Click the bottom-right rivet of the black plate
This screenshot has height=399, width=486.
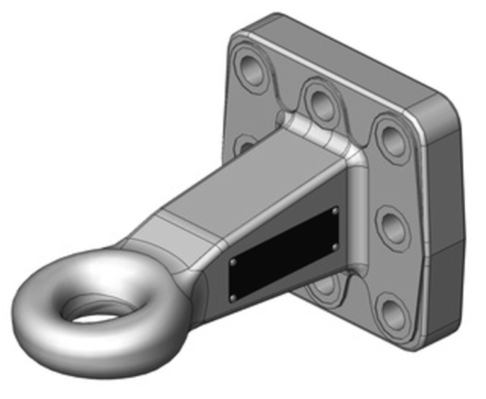point(335,246)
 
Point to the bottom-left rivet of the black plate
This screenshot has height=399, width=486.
point(232,297)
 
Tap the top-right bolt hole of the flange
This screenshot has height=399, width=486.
point(392,138)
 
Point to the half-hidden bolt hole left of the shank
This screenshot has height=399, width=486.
point(243,145)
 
